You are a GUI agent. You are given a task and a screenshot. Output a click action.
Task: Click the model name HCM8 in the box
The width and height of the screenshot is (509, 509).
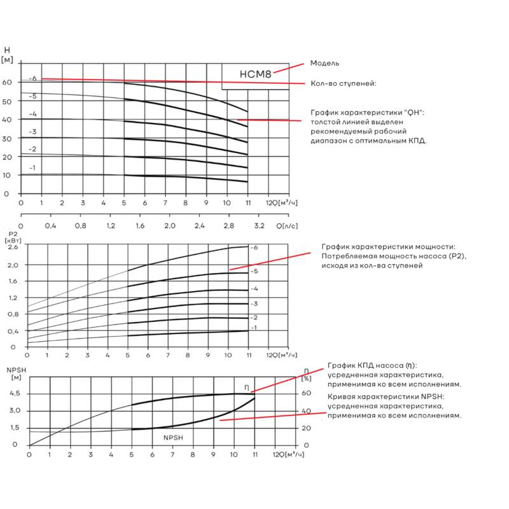[255, 74]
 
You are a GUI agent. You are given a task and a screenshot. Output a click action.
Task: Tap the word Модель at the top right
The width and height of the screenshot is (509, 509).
[324, 63]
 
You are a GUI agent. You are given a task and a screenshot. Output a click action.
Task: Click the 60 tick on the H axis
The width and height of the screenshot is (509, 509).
[7, 82]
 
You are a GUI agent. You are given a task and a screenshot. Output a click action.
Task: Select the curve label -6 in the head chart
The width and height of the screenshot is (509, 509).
[33, 78]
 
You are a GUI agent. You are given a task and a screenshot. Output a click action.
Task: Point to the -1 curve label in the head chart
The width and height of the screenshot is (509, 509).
[32, 168]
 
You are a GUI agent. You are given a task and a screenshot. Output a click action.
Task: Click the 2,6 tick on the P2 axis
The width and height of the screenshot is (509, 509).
[13, 247]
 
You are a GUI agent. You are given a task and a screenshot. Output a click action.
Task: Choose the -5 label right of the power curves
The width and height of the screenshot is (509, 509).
[254, 271]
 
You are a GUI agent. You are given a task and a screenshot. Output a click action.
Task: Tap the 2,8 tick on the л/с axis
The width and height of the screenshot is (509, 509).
[228, 226]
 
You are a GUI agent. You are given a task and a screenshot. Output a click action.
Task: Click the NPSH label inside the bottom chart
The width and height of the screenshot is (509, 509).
[173, 438]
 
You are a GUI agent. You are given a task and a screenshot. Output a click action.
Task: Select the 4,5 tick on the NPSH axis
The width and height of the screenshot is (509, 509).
[15, 393]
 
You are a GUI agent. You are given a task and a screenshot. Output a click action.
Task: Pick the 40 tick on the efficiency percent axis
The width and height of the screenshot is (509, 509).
[306, 411]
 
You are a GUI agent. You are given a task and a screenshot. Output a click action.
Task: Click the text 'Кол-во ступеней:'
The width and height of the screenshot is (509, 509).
[344, 83]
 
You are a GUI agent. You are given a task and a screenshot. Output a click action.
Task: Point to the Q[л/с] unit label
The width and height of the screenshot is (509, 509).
[287, 226]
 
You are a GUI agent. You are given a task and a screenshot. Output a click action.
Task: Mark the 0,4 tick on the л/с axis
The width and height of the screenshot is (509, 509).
[50, 226]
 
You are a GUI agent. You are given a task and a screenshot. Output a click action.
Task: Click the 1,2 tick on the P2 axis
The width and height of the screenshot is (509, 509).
[13, 298]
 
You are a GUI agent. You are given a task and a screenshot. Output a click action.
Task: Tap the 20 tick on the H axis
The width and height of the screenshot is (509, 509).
[7, 157]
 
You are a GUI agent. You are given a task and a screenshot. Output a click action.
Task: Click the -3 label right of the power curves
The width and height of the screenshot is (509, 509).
[254, 304]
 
